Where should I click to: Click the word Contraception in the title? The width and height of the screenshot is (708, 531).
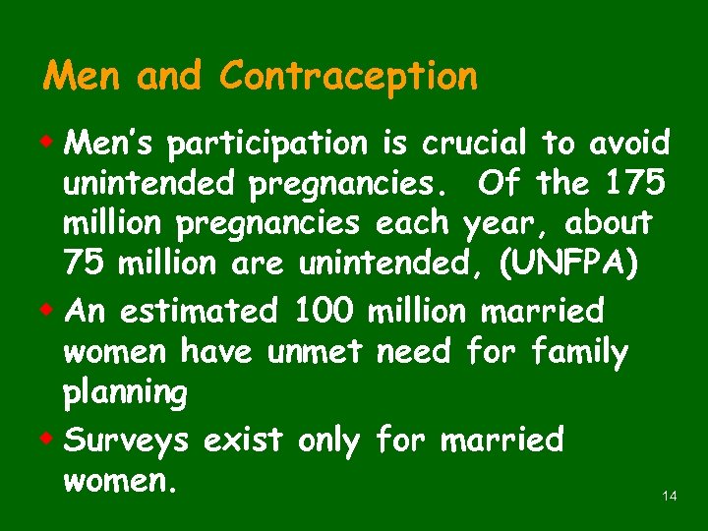coord(349,77)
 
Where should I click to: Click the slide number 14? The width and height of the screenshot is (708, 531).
coord(670,497)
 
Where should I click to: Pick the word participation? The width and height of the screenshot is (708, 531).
coord(265,146)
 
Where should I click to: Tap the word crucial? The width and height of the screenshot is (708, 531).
coord(476,144)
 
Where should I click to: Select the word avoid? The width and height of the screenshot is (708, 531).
coord(629,144)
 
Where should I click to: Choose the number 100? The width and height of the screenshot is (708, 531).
coord(324,311)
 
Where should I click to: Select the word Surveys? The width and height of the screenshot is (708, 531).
coord(127,441)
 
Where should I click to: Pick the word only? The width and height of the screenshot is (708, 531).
coord(330,441)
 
